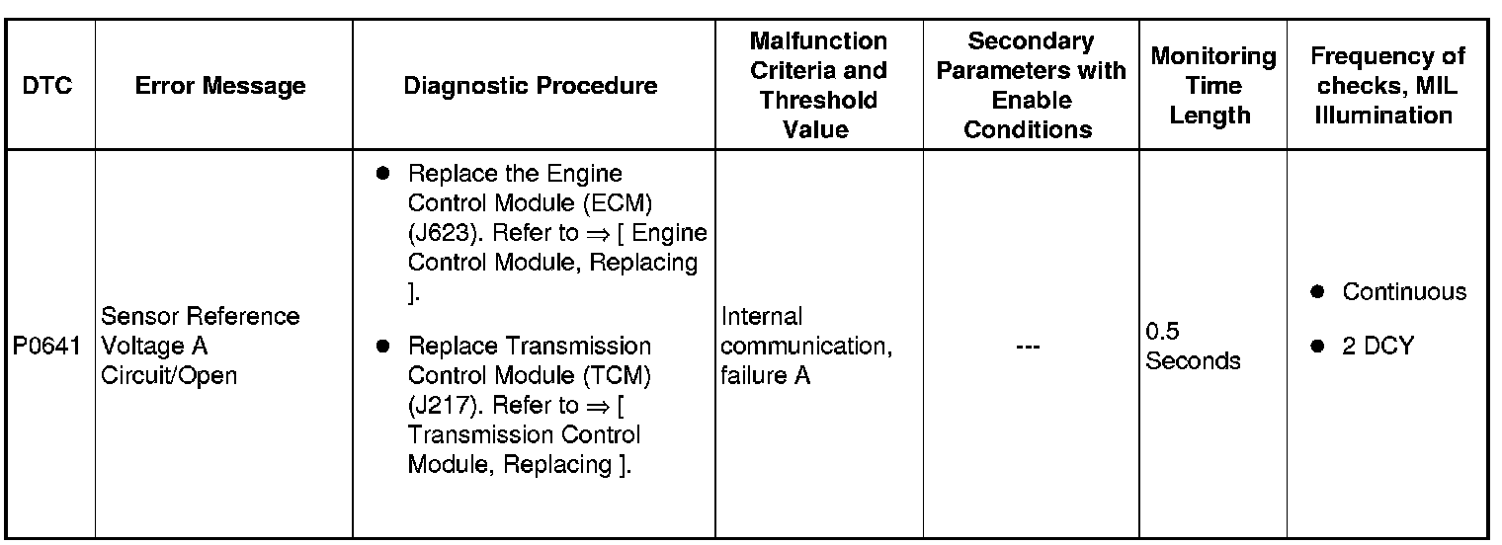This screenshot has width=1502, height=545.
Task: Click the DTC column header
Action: click(47, 86)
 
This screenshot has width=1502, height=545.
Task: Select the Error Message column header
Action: click(220, 86)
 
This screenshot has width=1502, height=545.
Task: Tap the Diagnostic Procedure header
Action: click(531, 86)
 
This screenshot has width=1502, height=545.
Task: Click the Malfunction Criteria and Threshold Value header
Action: click(818, 85)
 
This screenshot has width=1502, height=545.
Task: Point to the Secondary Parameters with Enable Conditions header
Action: click(1031, 85)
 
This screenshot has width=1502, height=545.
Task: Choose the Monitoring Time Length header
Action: click(1212, 85)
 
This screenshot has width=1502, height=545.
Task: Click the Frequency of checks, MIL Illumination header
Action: click(1388, 85)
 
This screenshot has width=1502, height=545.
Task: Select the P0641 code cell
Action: click(47, 347)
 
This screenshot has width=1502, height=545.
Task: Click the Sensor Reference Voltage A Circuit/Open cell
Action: click(201, 346)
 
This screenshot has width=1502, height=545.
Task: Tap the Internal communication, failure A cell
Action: click(806, 346)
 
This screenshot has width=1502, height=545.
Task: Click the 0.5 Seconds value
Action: click(1193, 346)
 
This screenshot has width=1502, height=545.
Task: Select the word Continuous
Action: click(1404, 292)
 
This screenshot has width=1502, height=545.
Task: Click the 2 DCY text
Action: click(1377, 346)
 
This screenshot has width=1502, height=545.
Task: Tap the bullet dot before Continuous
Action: click(1316, 292)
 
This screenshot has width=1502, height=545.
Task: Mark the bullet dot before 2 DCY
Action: click(1316, 346)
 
